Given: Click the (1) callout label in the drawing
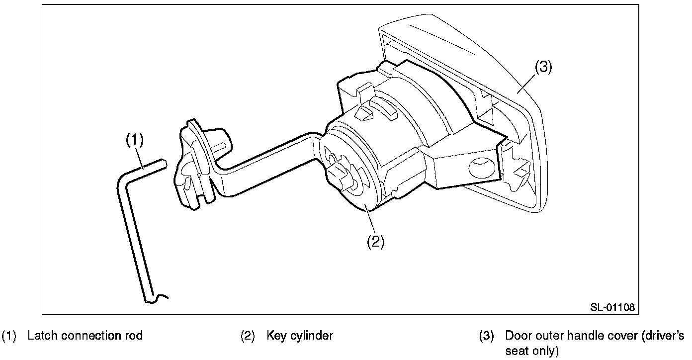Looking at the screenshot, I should pyautogui.click(x=134, y=140).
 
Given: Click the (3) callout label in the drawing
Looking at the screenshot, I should pyautogui.click(x=543, y=67).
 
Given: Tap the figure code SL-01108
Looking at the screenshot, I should pyautogui.click(x=612, y=307).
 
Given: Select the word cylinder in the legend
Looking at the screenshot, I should pyautogui.click(x=313, y=336).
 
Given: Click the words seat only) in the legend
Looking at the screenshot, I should pyautogui.click(x=532, y=351).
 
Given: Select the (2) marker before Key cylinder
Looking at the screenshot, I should pyautogui.click(x=248, y=336).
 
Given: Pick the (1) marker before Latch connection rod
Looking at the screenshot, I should pyautogui.click(x=9, y=336).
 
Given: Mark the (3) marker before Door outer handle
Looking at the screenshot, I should pyautogui.click(x=486, y=336).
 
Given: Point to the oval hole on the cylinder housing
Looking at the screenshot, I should pyautogui.click(x=479, y=168).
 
